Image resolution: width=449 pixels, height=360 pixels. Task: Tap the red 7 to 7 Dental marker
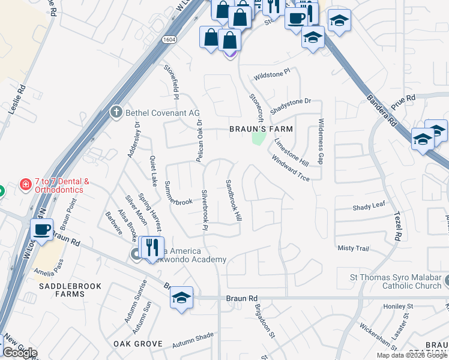click(25, 184)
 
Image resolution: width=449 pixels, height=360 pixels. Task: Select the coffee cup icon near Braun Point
click(41, 230)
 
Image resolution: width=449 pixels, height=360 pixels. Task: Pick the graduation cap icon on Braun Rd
click(181, 298)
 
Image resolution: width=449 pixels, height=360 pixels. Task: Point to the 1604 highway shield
click(169, 39)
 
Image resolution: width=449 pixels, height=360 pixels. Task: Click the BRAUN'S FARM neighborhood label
click(261, 129)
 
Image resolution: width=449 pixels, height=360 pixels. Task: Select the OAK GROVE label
click(138, 344)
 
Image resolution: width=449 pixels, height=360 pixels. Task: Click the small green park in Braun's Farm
click(259, 139)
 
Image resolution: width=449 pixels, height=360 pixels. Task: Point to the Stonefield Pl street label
click(172, 82)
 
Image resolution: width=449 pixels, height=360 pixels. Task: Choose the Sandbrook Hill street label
click(234, 200)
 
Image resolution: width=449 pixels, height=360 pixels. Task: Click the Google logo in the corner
click(20, 353)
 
